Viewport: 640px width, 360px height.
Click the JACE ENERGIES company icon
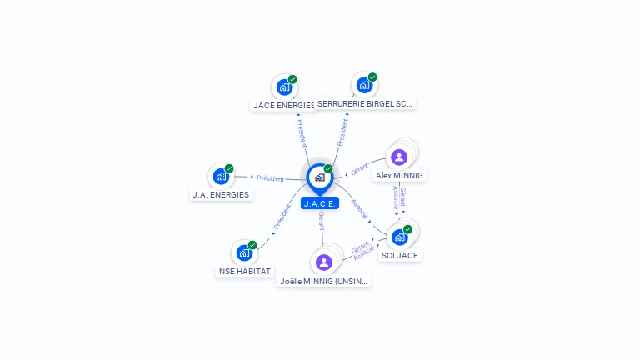coord(284,87)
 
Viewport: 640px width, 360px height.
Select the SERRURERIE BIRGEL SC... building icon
coord(364,85)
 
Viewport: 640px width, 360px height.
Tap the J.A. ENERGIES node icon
coord(221,176)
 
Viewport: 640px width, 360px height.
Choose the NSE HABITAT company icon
coord(244,252)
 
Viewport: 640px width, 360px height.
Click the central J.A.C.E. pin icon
coord(319,177)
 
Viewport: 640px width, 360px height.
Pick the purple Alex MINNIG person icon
coord(399,157)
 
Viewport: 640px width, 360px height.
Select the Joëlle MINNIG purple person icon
coord(324,262)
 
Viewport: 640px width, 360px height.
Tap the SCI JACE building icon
coord(400,237)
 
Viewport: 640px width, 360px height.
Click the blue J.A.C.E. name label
coord(320,203)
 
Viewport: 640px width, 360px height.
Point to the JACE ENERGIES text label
coord(284,106)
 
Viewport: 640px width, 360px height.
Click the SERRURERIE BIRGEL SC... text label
coord(366,104)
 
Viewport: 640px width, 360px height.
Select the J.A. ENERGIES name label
coord(221,195)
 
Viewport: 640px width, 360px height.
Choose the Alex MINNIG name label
coord(399,176)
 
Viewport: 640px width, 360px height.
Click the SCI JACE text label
coord(400,256)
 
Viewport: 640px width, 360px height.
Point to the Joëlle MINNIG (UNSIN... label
coord(324,282)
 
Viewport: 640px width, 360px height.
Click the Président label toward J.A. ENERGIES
coord(270,178)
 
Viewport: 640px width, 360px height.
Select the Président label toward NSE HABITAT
coord(282,217)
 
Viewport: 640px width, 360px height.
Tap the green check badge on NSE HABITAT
coord(252,245)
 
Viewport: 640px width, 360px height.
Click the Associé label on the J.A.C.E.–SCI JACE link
coord(359,208)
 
